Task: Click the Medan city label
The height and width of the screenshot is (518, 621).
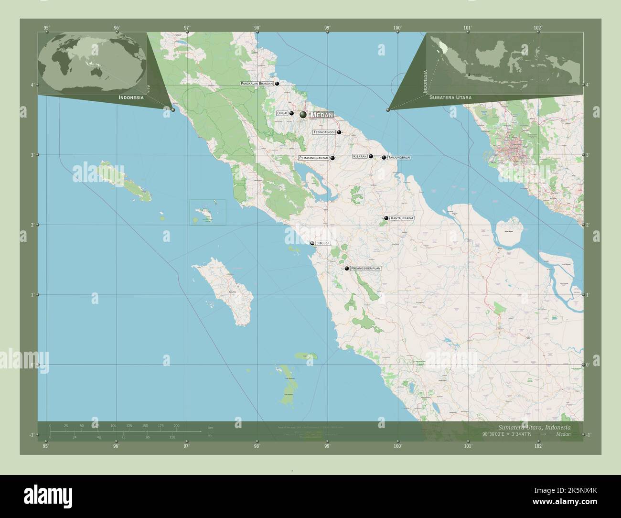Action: tap(321, 115)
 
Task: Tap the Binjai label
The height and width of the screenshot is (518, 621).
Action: tap(282, 113)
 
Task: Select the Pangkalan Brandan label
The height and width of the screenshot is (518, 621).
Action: tap(257, 84)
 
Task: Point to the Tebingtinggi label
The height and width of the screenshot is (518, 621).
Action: tap(324, 132)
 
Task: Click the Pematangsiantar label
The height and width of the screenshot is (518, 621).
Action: tap(313, 158)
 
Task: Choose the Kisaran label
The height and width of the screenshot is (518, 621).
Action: tap(360, 156)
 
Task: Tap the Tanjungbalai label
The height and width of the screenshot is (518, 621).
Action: tap(399, 157)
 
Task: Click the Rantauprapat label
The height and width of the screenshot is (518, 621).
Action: tap(402, 218)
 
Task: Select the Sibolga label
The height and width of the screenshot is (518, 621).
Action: tap(323, 243)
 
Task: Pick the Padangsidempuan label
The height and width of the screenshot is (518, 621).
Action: tap(365, 269)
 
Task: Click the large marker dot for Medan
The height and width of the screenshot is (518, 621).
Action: tap(303, 115)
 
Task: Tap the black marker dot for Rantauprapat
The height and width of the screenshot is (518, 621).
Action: tap(386, 218)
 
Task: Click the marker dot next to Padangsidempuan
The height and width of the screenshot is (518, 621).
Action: tap(347, 269)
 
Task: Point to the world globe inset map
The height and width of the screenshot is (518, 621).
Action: tap(92, 60)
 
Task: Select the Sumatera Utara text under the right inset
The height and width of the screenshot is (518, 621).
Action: tap(450, 97)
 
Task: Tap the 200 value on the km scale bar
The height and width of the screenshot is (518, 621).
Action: tap(176, 425)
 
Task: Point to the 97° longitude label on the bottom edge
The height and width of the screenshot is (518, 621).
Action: tap(187, 446)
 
